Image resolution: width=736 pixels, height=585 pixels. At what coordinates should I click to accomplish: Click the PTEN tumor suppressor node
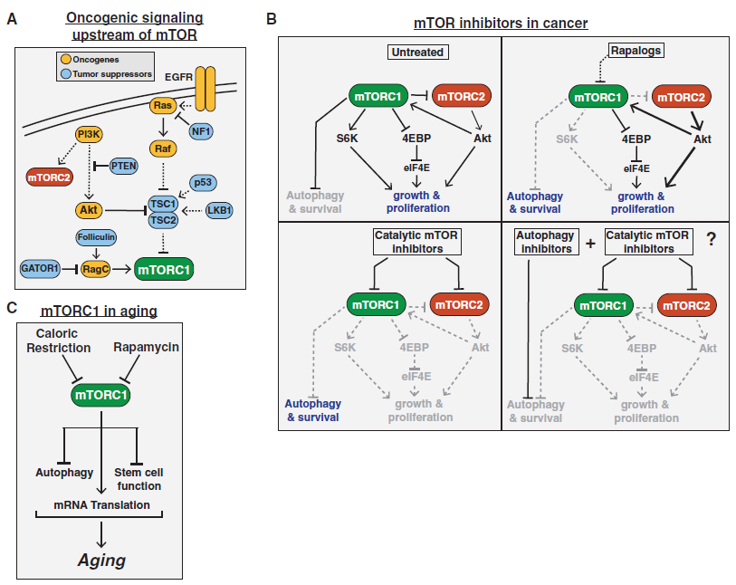(124, 167)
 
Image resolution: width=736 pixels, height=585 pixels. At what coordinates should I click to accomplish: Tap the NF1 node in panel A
(201, 131)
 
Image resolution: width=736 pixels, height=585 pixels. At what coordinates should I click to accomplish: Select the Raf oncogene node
(163, 149)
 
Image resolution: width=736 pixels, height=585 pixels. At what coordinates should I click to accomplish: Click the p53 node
(203, 183)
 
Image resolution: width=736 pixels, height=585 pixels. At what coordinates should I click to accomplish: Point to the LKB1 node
(219, 210)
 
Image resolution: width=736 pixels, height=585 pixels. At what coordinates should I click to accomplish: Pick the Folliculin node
(96, 237)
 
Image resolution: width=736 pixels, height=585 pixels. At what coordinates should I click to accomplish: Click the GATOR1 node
(40, 269)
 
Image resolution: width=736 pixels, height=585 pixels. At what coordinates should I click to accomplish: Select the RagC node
(96, 270)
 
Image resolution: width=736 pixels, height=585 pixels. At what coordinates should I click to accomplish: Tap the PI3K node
(89, 135)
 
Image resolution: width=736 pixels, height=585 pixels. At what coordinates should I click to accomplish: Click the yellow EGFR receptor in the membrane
(206, 89)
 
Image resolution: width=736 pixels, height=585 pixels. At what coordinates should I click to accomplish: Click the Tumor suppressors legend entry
(106, 73)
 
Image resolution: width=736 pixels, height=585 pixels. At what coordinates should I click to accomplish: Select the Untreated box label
(417, 53)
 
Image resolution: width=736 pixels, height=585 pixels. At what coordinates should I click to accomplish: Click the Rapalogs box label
(636, 50)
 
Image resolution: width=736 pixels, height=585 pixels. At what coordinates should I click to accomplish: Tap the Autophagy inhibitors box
(547, 242)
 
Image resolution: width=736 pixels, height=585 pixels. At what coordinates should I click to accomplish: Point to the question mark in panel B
(712, 239)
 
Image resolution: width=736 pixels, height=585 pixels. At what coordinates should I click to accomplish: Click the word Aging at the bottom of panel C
(102, 561)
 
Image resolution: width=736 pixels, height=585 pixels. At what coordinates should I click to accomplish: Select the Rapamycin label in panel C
(146, 347)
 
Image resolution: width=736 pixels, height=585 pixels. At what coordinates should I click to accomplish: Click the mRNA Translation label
(102, 505)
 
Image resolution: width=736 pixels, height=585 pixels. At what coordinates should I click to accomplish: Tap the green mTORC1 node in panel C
(100, 395)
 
